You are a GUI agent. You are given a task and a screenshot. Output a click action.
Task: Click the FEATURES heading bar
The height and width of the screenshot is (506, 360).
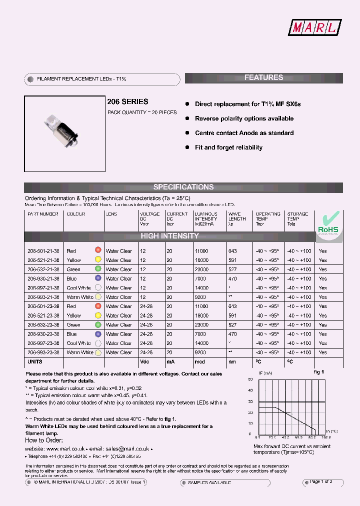pos(263,77)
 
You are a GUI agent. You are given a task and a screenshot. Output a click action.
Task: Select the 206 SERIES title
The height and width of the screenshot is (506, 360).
pos(127,101)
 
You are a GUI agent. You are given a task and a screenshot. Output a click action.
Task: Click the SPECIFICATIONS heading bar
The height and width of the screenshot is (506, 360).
pos(183,187)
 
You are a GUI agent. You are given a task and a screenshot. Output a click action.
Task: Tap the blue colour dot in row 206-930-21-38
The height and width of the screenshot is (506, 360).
pos(98,278)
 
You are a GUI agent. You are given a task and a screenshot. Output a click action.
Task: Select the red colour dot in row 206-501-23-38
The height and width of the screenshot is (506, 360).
pos(98,306)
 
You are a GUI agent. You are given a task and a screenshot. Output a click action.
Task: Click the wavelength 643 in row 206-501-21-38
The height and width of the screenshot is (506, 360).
pos(232,251)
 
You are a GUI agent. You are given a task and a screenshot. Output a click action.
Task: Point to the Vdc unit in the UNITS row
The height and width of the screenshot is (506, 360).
pos(144,361)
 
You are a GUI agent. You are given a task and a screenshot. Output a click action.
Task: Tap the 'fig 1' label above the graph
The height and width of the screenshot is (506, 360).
pos(319,372)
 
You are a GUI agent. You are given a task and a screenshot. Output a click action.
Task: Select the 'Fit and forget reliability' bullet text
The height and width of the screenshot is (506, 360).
pos(228,147)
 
